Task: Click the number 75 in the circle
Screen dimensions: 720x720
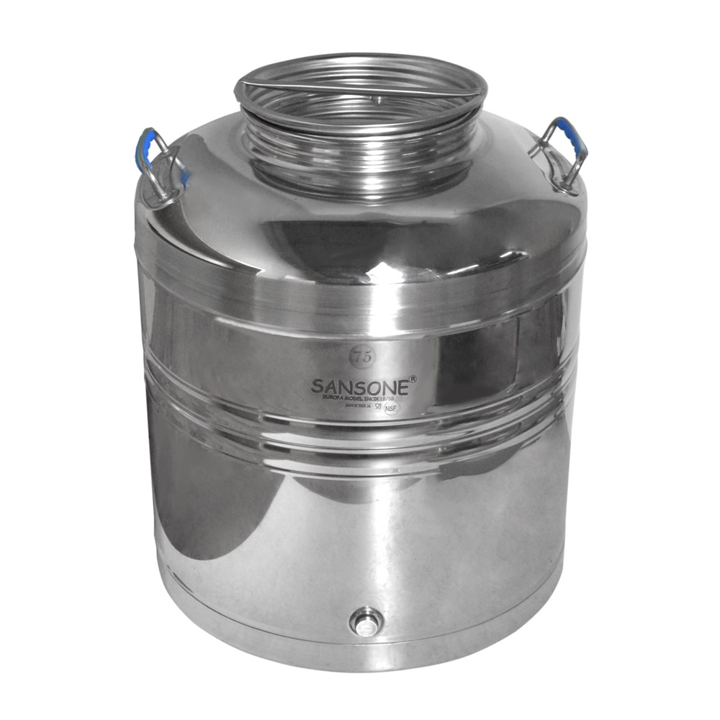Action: click(358, 356)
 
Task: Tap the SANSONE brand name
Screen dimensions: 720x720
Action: click(361, 386)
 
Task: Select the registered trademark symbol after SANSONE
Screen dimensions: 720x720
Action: click(413, 377)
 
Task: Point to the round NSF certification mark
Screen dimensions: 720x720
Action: click(391, 408)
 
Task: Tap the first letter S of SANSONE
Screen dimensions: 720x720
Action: click(317, 387)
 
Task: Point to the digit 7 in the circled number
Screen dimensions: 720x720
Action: click(354, 356)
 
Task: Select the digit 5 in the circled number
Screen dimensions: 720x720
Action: click(361, 356)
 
